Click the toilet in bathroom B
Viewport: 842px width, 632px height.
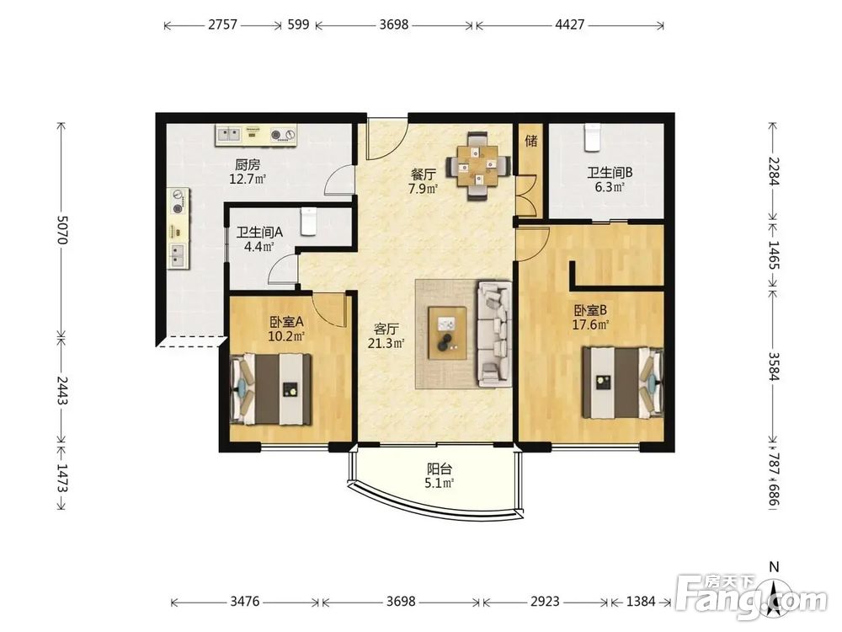tap(592, 137)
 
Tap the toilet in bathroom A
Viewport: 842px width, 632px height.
tap(308, 222)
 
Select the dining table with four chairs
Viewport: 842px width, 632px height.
tap(478, 166)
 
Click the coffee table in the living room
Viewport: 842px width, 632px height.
tap(447, 333)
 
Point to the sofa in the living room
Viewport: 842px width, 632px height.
tap(494, 333)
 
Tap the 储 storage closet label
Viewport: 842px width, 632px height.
tap(531, 141)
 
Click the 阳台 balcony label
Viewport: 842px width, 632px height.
tap(439, 469)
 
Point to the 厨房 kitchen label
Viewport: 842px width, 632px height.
tap(248, 164)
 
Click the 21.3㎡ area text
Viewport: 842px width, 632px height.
tap(386, 343)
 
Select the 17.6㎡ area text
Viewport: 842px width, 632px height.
tap(590, 324)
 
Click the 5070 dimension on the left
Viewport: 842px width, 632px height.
tap(62, 230)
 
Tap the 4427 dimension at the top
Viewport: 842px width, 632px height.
tap(570, 24)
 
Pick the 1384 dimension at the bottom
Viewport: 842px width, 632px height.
tap(641, 601)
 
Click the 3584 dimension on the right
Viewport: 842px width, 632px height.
tap(773, 366)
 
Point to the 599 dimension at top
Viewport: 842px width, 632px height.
tap(299, 24)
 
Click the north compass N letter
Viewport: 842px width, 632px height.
tap(774, 566)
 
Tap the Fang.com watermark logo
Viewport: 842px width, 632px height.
tap(752, 597)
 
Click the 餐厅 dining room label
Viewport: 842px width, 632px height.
tap(424, 174)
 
